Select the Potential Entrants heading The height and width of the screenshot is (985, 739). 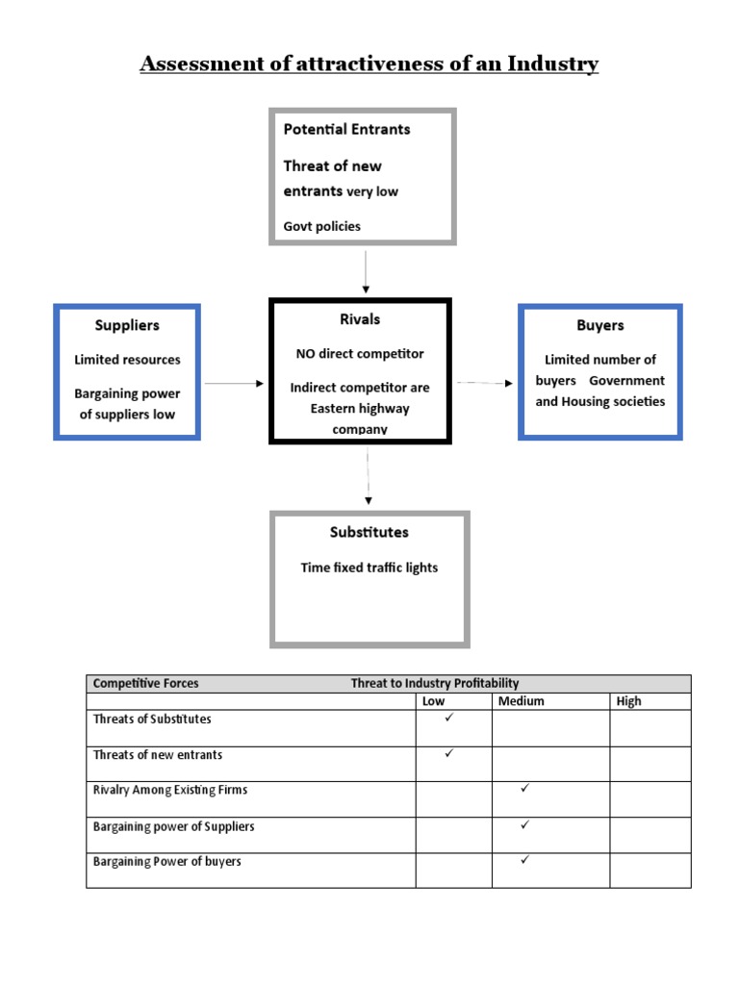pos(346,129)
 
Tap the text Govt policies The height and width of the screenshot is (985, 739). pos(322,226)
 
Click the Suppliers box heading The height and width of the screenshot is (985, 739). pos(127,325)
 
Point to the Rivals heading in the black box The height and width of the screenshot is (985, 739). pos(359,319)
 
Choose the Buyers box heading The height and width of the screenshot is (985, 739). pos(600,325)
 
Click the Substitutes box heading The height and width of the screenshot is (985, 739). pos(369,532)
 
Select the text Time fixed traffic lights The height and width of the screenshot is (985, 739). pos(369,568)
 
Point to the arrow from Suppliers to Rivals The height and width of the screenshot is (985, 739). pos(234,384)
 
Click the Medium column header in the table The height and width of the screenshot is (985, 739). pos(522,701)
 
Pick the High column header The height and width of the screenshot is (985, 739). pos(628,701)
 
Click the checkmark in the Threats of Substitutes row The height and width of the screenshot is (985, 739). pos(449,718)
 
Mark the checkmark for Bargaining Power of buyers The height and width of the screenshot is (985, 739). pos(525,860)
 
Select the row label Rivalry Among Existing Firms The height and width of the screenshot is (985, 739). pos(170,790)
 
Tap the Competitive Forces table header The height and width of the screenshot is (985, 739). pos(146,683)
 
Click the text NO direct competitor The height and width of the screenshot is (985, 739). pos(360,354)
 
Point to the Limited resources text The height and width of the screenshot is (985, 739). pos(127,360)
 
